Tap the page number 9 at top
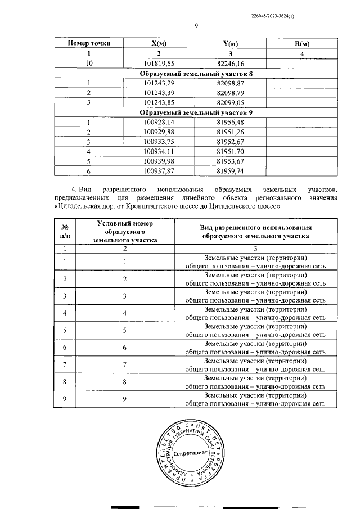[x=196, y=25]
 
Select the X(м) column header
[x=160, y=44]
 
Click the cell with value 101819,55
[x=160, y=63]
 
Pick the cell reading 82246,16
[x=231, y=63]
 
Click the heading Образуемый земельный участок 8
[x=196, y=73]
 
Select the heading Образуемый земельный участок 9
[x=196, y=112]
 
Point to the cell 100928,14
[x=160, y=122]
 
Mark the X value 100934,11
[x=160, y=151]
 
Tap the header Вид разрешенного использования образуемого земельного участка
[x=256, y=232]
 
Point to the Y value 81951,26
[x=231, y=132]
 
